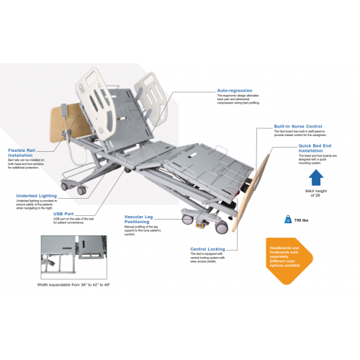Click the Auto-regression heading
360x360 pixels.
[235, 91]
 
